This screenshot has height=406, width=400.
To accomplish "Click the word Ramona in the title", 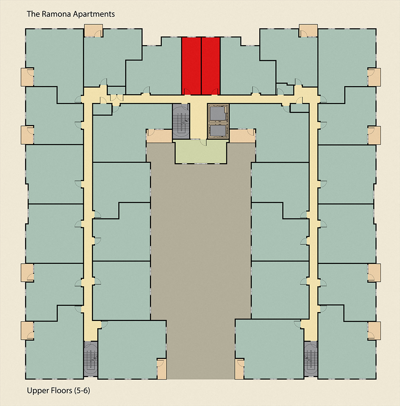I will click(53, 14).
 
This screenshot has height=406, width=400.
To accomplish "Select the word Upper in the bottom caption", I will click(36, 390).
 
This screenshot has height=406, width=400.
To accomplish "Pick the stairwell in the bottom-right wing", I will click(310, 358).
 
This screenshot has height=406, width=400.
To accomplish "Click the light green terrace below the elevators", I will click(200, 152).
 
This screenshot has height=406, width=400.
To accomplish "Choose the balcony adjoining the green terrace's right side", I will click(242, 135).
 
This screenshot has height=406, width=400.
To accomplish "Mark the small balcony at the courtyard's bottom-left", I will click(162, 368).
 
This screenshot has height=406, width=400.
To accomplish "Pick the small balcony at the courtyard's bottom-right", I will click(239, 368).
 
